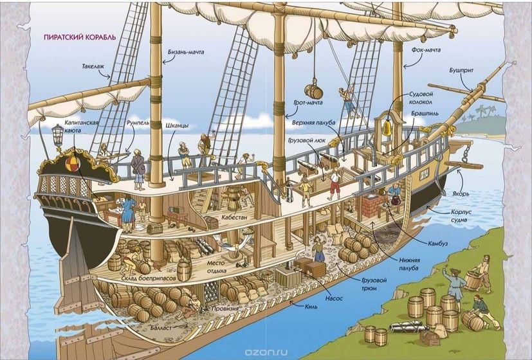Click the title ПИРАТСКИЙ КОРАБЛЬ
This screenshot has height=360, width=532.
(80, 37)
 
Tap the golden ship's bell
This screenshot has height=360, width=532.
(387, 129)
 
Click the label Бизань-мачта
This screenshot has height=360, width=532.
(186, 52)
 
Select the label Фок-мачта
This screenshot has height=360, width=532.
(426, 50)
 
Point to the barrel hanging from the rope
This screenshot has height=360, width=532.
(311, 91)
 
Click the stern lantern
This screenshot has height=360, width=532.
(57, 134)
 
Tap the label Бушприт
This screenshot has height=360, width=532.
(461, 71)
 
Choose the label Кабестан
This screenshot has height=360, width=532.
(234, 217)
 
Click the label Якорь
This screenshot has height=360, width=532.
(461, 194)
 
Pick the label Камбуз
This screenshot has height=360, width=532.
(438, 244)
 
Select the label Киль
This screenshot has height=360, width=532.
(311, 306)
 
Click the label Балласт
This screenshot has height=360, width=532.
(161, 328)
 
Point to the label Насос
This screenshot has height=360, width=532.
(334, 298)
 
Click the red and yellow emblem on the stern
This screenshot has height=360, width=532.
(73, 164)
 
